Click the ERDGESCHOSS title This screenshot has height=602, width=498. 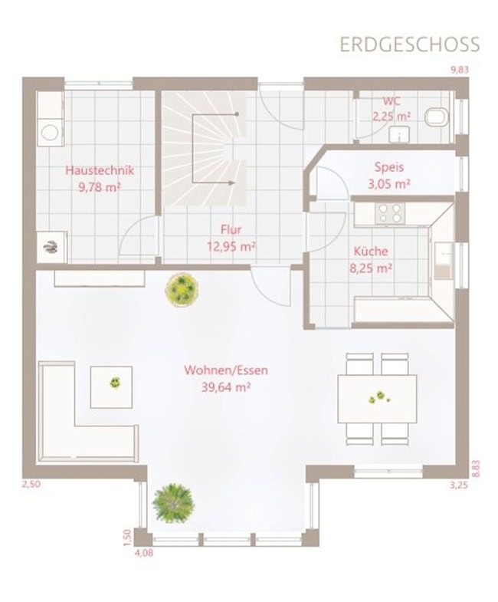tap(410, 44)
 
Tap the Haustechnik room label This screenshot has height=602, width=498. tap(100, 170)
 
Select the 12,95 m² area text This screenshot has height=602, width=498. tap(231, 246)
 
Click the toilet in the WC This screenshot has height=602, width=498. tap(437, 117)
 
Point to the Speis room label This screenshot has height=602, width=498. tap(389, 167)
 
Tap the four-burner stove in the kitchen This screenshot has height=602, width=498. tap(390, 213)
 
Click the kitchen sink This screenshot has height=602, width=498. tap(444, 260)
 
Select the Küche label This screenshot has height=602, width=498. tap(371, 252)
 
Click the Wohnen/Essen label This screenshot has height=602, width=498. tap(226, 370)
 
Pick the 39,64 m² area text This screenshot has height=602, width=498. tap(226, 387)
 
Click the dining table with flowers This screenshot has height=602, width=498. tap(377, 399)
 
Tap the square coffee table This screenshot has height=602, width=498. tap(111, 387)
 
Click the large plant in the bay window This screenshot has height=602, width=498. tap(173, 502)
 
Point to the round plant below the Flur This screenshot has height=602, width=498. tap(182, 288)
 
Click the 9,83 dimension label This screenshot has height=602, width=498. tap(459, 70)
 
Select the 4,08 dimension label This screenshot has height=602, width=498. tap(144, 553)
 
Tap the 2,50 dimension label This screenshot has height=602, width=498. tap(31, 484)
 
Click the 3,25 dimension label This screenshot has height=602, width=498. tap(459, 485)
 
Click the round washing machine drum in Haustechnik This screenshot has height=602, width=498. tap(50, 133)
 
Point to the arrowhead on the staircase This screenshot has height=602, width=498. tap(231, 183)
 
